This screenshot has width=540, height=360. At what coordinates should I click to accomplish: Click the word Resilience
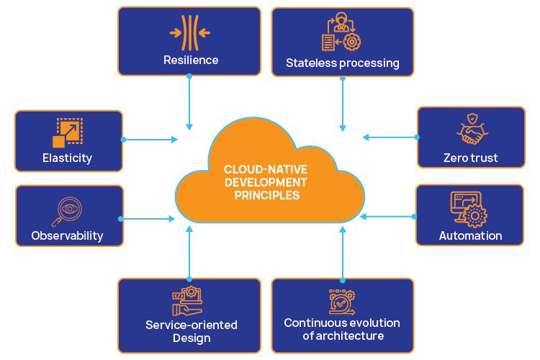190,60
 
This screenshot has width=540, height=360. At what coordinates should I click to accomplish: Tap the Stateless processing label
342,63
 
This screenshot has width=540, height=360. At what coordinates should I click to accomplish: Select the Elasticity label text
67,158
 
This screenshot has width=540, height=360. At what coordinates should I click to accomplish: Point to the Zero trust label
471,158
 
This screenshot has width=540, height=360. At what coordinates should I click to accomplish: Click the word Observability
67,235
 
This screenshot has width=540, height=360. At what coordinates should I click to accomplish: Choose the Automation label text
470,235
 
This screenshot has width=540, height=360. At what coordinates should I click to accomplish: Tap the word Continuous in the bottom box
310,323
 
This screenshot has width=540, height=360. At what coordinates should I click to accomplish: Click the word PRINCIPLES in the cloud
267,195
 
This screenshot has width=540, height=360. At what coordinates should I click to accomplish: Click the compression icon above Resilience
190,32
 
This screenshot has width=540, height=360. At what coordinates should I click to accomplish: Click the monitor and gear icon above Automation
469,208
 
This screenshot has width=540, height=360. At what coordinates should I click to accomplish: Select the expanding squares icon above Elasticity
68,132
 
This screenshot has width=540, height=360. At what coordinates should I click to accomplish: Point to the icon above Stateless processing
341,34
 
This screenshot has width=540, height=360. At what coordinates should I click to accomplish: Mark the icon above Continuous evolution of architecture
342,301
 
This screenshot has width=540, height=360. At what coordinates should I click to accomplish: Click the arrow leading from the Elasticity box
150,139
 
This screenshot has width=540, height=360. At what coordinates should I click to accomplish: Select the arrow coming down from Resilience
189,102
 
